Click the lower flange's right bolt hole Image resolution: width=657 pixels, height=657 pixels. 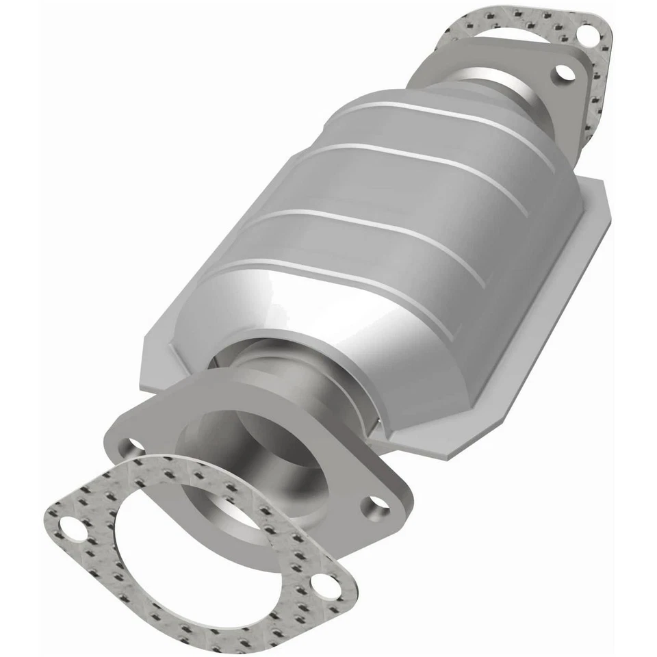[x=374, y=506]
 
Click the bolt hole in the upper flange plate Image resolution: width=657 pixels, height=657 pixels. [x=563, y=73]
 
